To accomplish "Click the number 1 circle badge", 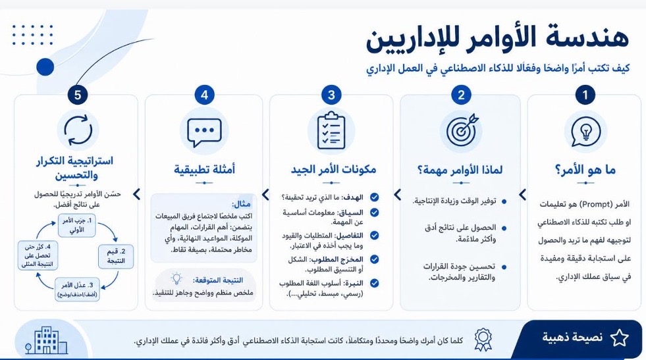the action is point(585,95).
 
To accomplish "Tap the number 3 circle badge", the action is point(331,95).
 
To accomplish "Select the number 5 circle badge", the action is point(78,95).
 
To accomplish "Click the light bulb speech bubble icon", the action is point(585,132).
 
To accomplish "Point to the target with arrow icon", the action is point(462,130).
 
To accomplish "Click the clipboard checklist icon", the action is point(331,130).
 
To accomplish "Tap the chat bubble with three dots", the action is point(204,132).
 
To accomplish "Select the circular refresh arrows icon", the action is point(78,130).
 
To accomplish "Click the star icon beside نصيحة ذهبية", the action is point(619,338).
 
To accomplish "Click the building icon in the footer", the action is point(46,340).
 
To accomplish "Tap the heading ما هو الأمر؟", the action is point(585,170).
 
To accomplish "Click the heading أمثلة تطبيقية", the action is point(204,169).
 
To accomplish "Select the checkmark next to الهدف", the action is point(374,197).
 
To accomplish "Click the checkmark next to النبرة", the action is point(374,283).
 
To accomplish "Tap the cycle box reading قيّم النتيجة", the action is point(116,256).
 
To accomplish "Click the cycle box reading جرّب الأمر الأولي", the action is point(76,225).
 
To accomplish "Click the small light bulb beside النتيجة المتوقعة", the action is point(176,279).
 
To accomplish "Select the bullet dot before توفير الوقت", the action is point(504,202).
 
